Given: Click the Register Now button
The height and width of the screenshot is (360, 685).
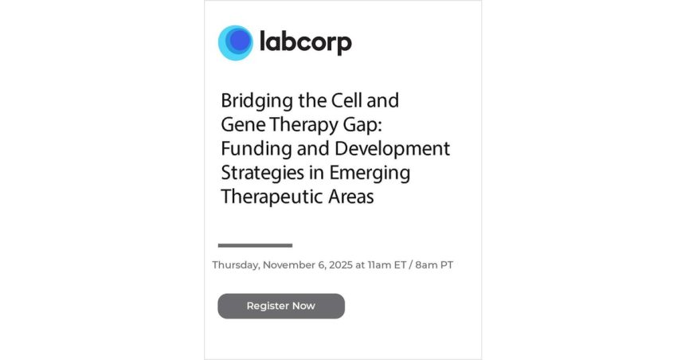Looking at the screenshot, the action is point(281,306).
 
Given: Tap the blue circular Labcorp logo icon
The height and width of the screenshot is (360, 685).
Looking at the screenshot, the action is point(236,43).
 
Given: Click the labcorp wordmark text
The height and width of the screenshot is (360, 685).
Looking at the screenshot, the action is point(306,42).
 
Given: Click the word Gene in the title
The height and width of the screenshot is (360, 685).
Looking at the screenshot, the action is point(242,125).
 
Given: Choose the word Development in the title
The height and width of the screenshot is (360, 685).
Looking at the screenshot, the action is point(393,149).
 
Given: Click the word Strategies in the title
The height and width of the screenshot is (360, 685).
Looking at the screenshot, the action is point(262,173).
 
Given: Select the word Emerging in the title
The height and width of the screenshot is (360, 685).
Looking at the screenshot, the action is point(370,173).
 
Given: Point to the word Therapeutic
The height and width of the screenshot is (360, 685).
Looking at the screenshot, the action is point(272,197).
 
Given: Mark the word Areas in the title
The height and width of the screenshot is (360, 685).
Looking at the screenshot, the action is point(351,197).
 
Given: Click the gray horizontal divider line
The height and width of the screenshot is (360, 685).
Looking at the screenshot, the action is point(255,245).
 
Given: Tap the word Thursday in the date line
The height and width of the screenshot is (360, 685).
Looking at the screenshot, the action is point(236,265).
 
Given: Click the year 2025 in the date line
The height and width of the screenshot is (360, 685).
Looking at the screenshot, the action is point(341,265).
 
